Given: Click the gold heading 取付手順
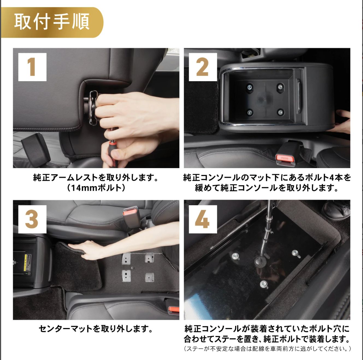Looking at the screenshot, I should [x=52, y=22].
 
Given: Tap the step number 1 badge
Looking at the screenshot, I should [x=32, y=67].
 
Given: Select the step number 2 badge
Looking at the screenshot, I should [x=203, y=67].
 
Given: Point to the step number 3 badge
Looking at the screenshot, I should [x=32, y=219].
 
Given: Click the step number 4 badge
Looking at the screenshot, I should [x=203, y=219].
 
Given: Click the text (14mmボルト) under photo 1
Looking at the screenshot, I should [x=96, y=188].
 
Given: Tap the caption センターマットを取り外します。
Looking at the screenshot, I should [x=96, y=328].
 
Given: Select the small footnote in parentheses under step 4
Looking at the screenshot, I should [x=267, y=349].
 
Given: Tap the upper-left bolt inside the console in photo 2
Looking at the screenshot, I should [x=249, y=87].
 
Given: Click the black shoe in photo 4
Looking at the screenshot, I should [x=336, y=210].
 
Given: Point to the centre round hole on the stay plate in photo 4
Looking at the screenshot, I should [x=260, y=261].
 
